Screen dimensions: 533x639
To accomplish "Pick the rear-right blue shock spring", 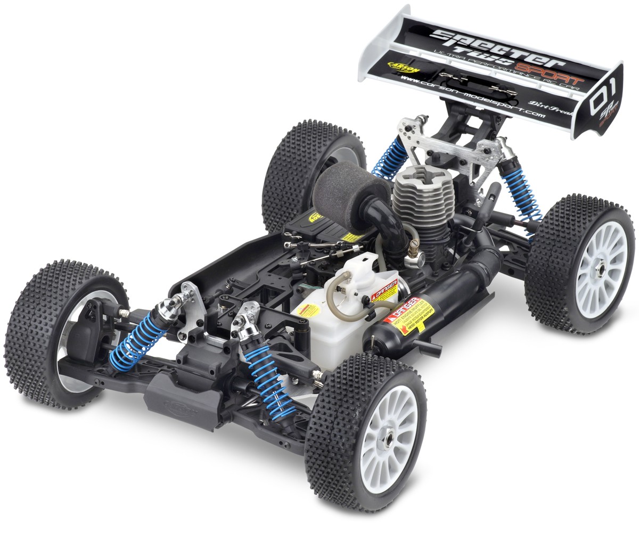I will [519, 192].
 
